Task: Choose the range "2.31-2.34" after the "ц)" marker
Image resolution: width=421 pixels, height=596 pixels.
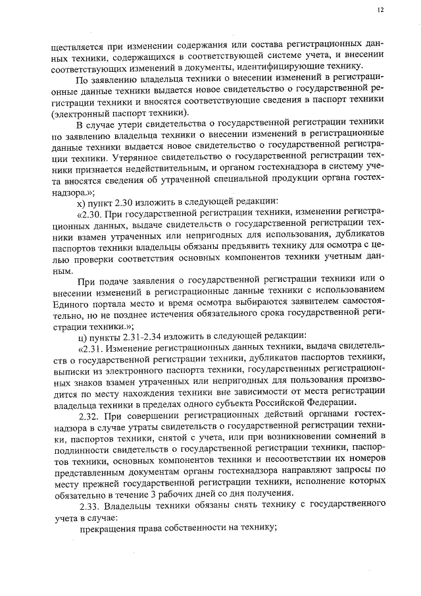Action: point(137,332)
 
